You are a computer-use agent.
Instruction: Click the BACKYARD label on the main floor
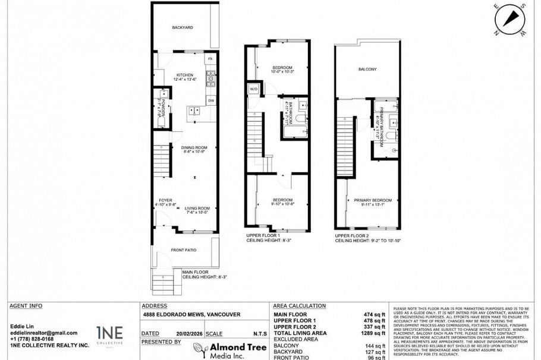(183, 27)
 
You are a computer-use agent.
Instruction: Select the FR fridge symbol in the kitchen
(210, 60)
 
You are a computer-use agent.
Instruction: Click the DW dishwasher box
(210, 100)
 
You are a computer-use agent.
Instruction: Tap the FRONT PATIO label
(184, 250)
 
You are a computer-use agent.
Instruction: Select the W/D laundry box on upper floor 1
(254, 90)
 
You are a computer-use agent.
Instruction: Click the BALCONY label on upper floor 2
(367, 70)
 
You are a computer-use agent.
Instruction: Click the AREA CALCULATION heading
(299, 306)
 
